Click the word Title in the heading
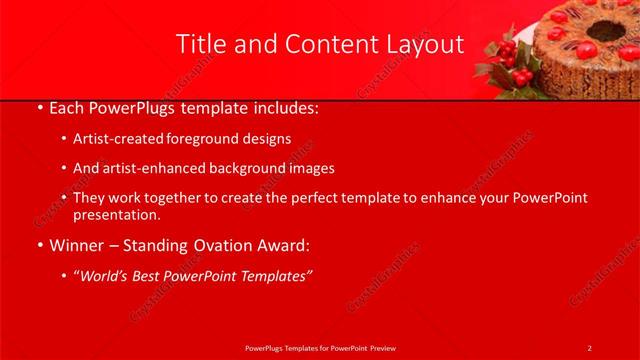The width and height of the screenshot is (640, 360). point(200,44)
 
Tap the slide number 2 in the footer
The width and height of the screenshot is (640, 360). point(589,347)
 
